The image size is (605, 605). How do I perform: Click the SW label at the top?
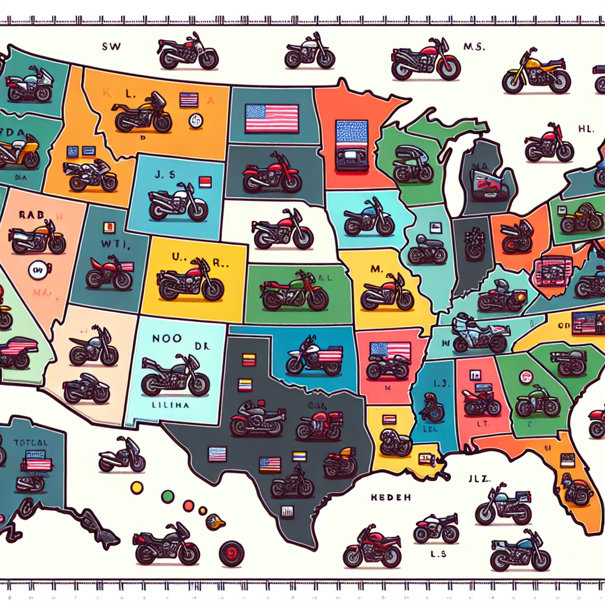click(x=111, y=46)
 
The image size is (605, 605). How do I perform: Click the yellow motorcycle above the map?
click(x=536, y=74)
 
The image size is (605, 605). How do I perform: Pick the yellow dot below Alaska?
click(x=137, y=487)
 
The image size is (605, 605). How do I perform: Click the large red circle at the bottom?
click(x=231, y=554)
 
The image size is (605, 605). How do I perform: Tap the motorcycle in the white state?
click(x=282, y=229)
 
